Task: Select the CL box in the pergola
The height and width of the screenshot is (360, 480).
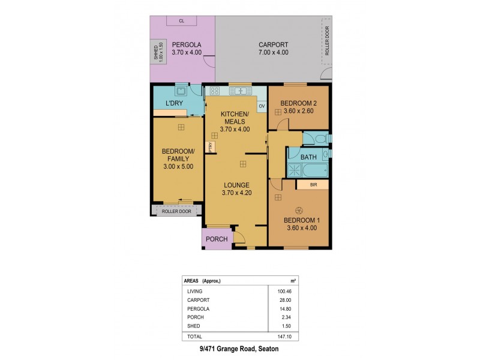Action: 181,22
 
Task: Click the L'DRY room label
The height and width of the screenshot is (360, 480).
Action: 174,104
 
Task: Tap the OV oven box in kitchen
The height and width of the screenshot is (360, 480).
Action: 262,106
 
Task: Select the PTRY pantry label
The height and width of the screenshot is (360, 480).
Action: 211,146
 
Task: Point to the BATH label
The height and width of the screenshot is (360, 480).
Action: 308,157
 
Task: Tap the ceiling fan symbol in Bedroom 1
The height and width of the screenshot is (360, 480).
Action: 299,209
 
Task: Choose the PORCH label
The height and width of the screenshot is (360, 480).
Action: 217,239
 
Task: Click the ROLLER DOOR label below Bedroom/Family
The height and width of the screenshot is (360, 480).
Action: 176,211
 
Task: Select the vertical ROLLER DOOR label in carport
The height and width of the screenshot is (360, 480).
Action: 327,41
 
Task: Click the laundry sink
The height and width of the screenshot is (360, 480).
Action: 179,92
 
